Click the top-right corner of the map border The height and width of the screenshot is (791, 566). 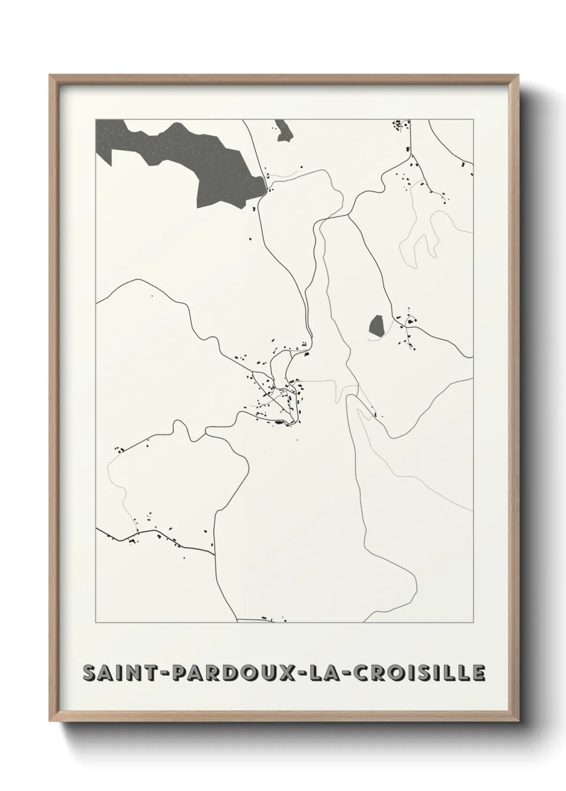coord(473,119)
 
